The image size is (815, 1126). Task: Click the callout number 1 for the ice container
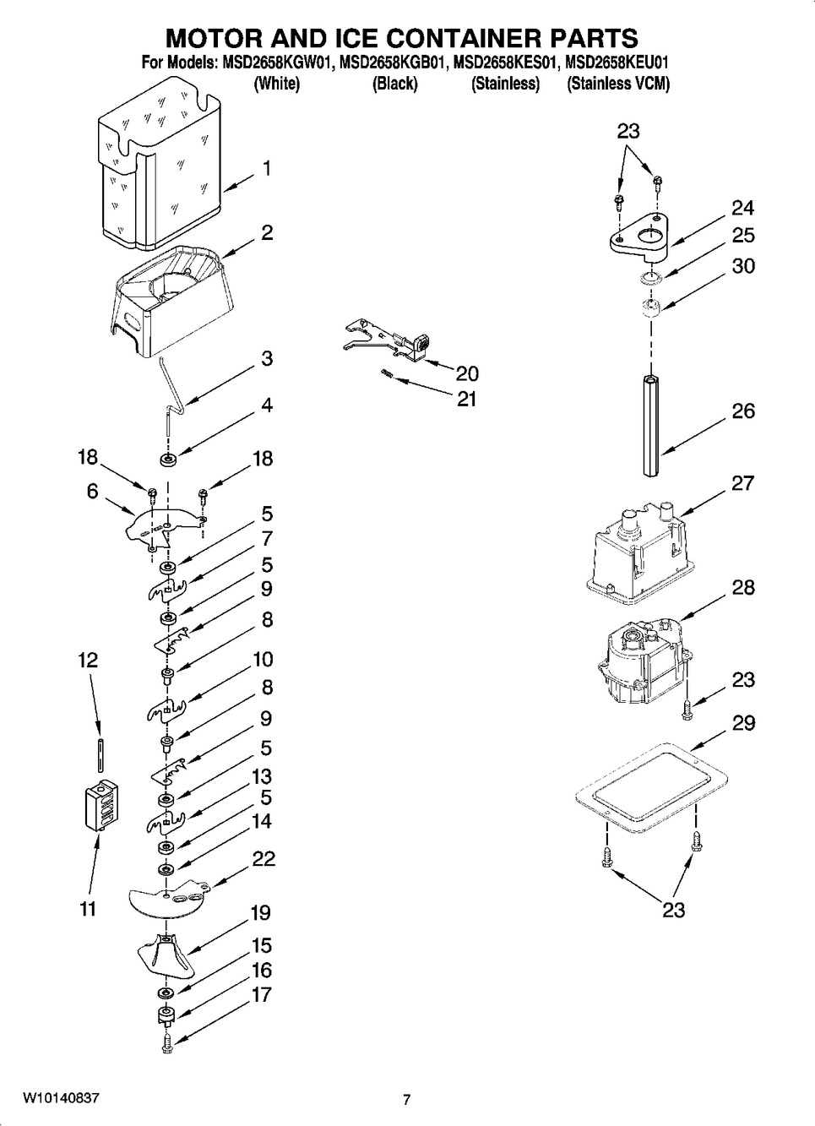tap(266, 169)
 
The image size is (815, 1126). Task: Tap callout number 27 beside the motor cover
tap(743, 483)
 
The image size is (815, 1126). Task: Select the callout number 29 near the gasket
tap(743, 723)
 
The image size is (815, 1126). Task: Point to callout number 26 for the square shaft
tap(743, 411)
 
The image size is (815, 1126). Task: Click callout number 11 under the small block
tap(88, 910)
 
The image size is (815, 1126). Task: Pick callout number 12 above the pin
tap(88, 660)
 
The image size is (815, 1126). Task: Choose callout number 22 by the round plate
tap(264, 859)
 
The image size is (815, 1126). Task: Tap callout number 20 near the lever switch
tap(467, 373)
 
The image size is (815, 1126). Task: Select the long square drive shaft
tap(649, 414)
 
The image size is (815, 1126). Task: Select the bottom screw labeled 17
tap(166, 1042)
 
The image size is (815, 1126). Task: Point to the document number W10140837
tap(61, 1098)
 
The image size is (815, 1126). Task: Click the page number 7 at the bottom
tap(406, 1100)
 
